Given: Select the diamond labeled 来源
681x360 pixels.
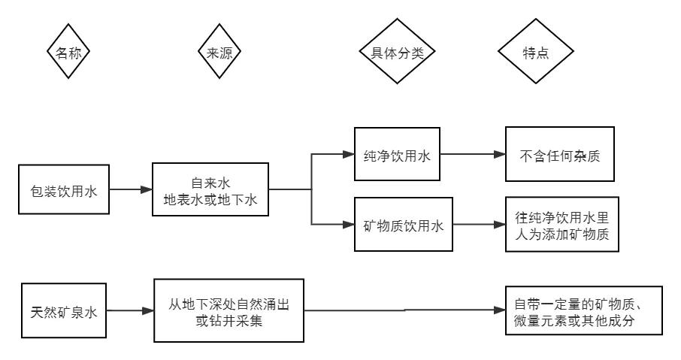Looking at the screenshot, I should click(219, 53).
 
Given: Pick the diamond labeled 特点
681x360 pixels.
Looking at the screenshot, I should click(535, 53).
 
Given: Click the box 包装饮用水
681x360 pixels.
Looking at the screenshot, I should click(64, 191).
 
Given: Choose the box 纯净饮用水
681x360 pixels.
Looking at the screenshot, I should click(397, 156).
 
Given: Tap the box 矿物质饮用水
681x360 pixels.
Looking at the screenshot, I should click(403, 224).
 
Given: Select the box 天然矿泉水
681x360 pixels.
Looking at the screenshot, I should click(64, 310).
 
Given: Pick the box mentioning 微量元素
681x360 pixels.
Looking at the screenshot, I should click(583, 311).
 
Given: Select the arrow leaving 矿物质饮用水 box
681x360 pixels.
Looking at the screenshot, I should click(477, 224).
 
